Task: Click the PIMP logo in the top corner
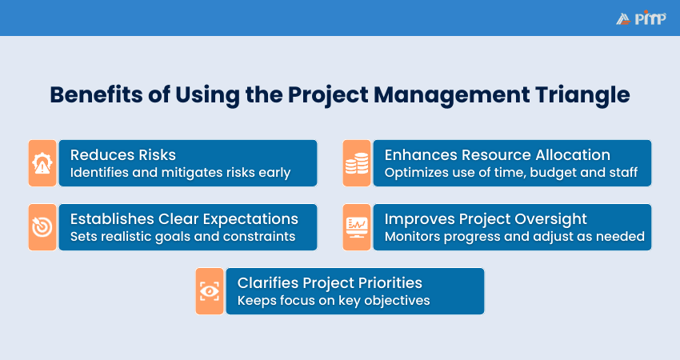coord(640,18)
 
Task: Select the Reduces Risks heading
coord(122,154)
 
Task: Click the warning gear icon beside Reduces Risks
coord(42,163)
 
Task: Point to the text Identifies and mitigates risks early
coord(180,173)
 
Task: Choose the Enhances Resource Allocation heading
coord(497,154)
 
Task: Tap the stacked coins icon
coord(356,163)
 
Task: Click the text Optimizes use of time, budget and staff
coord(510,173)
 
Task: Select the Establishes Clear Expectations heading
coord(184,218)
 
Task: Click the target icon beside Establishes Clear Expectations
coord(42,227)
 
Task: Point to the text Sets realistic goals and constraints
coord(182,237)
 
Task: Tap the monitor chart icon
coord(356,227)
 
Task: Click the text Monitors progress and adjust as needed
coord(514,237)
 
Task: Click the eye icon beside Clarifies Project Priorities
coord(210,291)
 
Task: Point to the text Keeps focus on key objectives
coord(334,301)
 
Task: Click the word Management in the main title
coord(436,94)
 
